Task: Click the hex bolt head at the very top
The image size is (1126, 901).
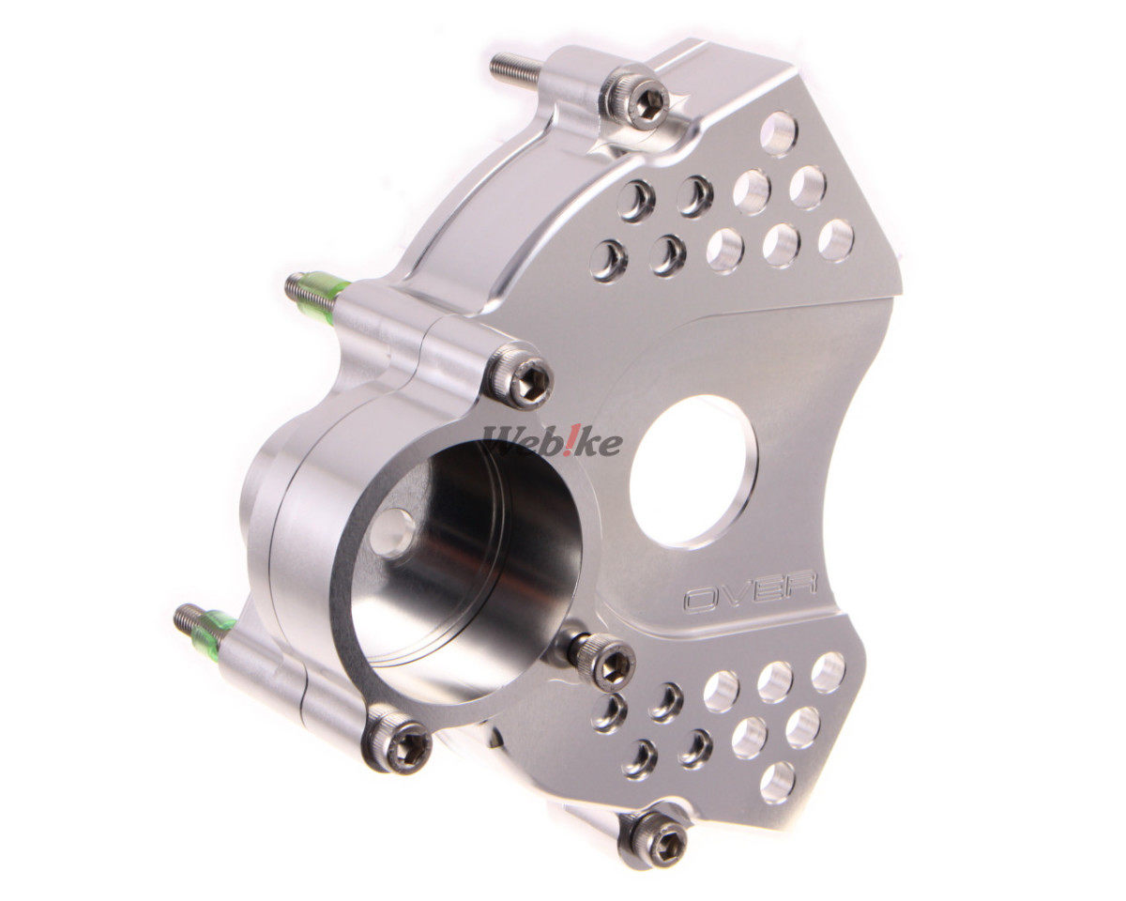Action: [x=634, y=102]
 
